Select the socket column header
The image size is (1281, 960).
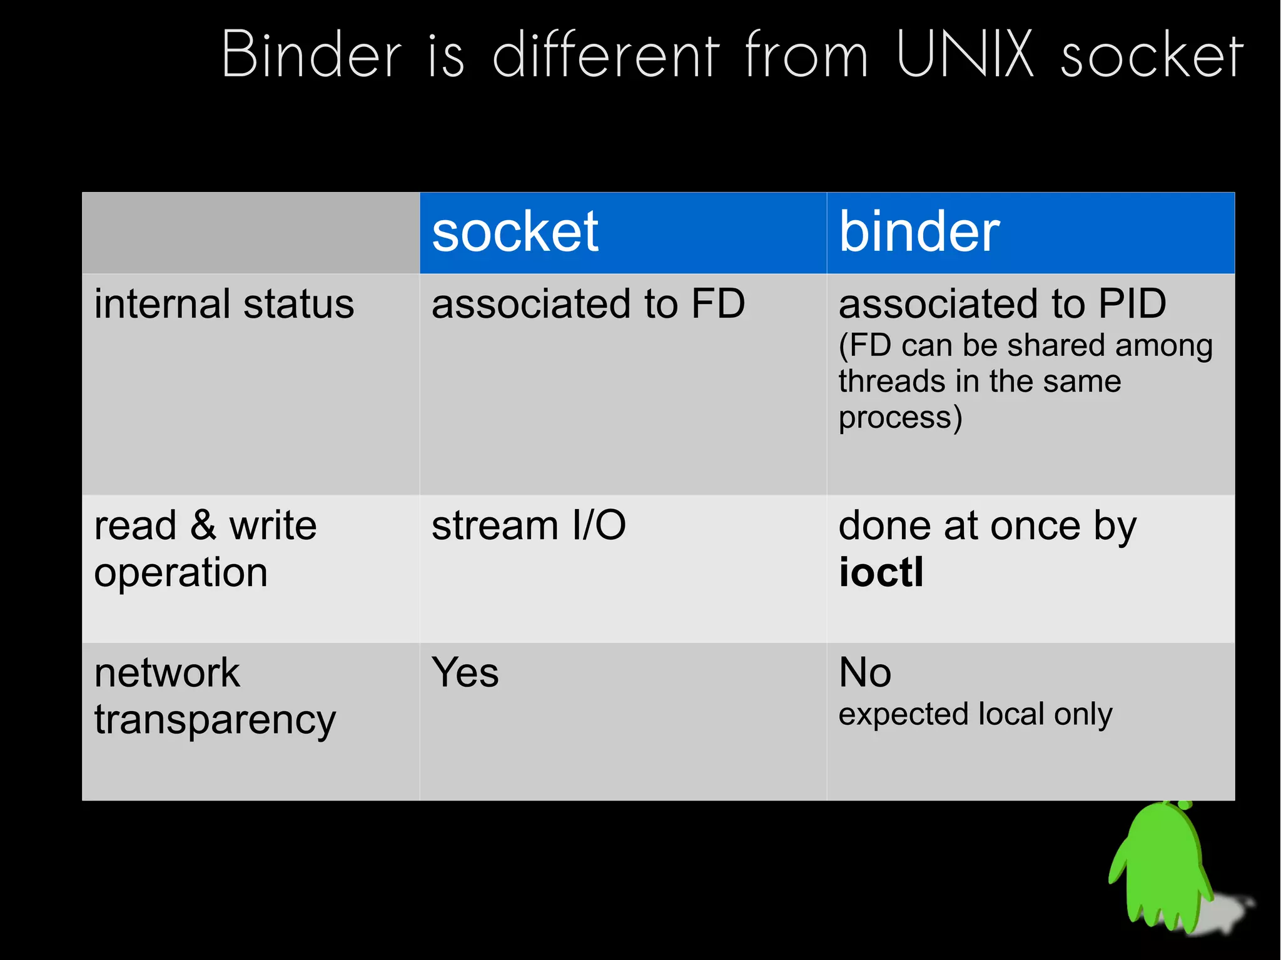pos(515,232)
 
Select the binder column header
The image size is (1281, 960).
pos(919,232)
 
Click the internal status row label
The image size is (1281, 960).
pos(224,305)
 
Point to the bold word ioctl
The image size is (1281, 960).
pos(881,572)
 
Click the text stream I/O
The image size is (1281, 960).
pos(529,525)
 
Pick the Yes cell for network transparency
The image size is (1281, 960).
pos(465,673)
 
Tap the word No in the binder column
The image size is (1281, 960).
pos(864,673)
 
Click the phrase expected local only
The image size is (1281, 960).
pos(975,715)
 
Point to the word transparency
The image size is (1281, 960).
pos(215,721)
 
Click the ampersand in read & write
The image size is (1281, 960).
pos(204,525)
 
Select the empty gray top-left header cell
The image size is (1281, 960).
pos(250,233)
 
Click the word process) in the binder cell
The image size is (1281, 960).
pos(899,418)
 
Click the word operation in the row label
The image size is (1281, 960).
pos(181,573)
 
